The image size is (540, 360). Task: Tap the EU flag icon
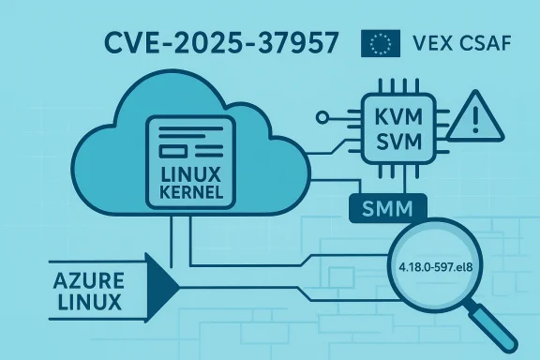[381, 43]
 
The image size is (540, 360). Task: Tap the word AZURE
[87, 279]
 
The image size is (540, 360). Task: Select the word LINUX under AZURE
[87, 302]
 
